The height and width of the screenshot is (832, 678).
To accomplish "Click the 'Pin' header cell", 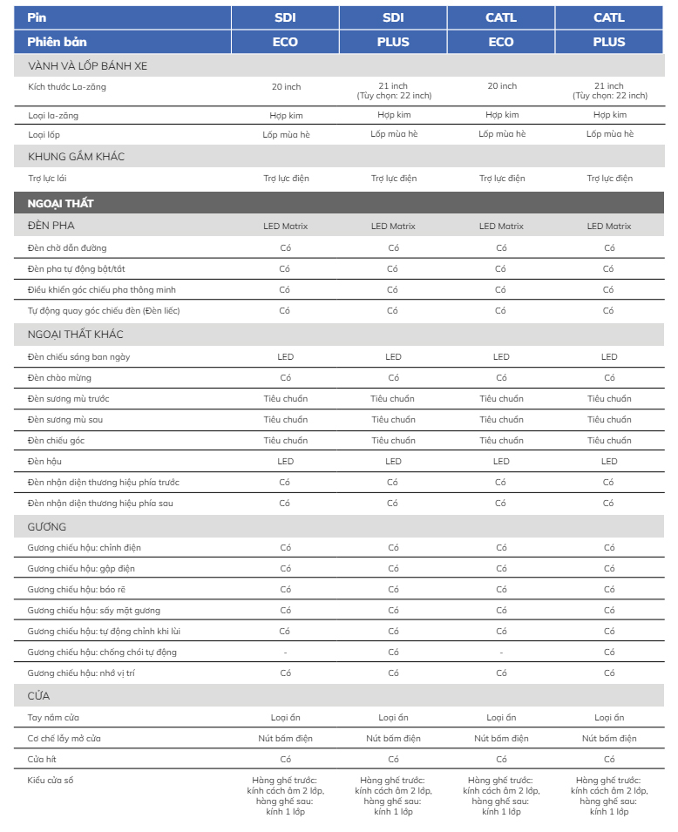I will coord(36,17).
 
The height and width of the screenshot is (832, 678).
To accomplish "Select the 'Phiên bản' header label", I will coord(58,42).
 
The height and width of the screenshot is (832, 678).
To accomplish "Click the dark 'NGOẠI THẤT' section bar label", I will coord(61,203).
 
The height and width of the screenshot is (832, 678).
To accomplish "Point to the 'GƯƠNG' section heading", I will coord(47,527).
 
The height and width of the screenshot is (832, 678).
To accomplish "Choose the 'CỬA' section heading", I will coord(39,696).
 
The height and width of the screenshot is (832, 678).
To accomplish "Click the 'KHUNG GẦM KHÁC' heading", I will coord(77,157).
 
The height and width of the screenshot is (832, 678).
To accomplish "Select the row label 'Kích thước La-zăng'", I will coord(67,86).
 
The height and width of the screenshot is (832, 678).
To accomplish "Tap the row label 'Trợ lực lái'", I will coord(48,179).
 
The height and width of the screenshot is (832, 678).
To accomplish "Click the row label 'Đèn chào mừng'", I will coord(59,378).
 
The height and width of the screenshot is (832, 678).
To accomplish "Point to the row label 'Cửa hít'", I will coord(43,759).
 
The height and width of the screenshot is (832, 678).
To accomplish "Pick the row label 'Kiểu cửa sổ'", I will coord(51,780).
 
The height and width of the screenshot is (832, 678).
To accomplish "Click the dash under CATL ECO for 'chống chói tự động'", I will coord(501,653).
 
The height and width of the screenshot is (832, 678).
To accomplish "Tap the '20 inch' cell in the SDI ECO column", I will coord(286,86).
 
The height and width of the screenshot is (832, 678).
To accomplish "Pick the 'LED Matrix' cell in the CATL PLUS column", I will coord(609,227).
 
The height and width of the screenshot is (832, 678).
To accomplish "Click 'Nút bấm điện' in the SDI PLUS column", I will coord(393,739).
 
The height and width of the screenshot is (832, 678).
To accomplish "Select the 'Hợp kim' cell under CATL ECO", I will coord(501,115).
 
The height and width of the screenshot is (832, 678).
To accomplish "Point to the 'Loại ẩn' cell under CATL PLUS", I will coord(609,718).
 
